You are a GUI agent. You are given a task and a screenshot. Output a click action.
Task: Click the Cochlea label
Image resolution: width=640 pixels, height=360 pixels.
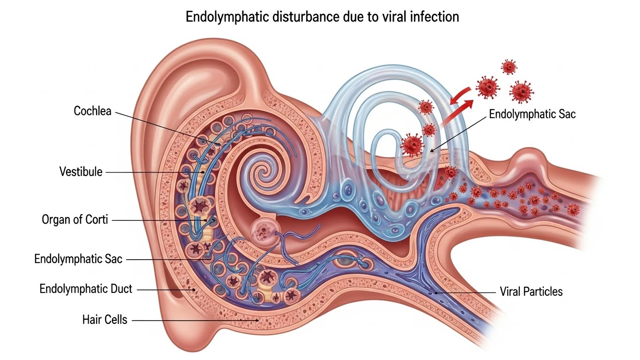(x=92, y=111)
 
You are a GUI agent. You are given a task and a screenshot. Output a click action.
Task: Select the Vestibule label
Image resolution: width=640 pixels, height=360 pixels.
(x=81, y=172)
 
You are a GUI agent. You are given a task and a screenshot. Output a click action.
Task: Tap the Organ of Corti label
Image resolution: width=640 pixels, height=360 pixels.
(x=75, y=219)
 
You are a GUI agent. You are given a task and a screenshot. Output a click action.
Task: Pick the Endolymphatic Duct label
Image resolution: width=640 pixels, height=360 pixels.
(x=86, y=289)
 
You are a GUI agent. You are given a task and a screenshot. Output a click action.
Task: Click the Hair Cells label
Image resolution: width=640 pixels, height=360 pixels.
(x=105, y=320)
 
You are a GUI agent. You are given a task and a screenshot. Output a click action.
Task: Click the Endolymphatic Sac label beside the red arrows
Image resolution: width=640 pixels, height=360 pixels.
(x=532, y=114)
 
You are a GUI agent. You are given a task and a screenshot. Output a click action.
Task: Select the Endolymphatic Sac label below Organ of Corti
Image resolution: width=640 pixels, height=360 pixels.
(x=78, y=258)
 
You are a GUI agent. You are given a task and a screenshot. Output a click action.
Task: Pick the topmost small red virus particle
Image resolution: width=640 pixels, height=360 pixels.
(x=509, y=67)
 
